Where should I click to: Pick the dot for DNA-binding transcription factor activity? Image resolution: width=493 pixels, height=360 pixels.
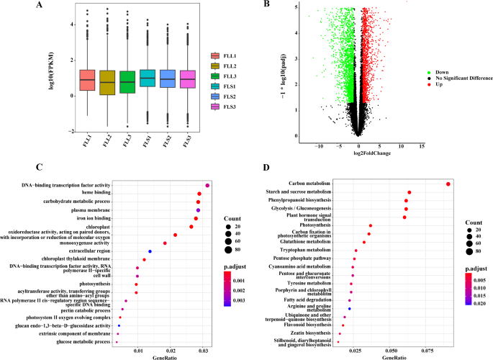(x=207, y=185)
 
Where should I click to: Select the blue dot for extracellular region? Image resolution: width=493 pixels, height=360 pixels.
(x=150, y=251)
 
